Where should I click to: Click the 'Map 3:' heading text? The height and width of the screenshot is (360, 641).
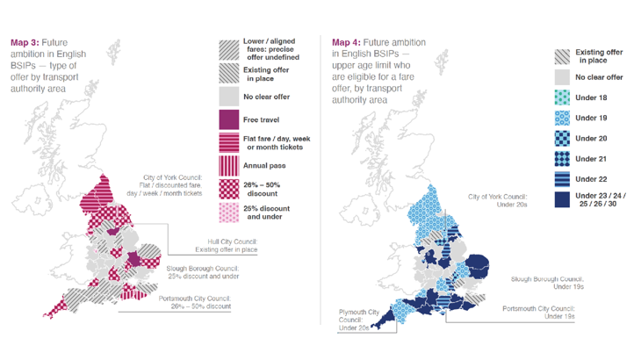[x=26, y=41]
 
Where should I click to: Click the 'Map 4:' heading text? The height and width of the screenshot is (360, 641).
[x=348, y=42]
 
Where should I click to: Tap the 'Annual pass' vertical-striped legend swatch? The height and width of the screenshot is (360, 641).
[x=228, y=165]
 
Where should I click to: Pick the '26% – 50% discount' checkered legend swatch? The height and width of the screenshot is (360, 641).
[x=228, y=189]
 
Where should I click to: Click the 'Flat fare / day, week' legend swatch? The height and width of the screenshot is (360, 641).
[x=228, y=141]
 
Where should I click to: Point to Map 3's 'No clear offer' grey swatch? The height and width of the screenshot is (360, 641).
[x=228, y=96]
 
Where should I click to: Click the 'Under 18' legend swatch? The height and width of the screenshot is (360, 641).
[x=562, y=98]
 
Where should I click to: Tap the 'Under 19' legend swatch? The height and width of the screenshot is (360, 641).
[x=562, y=118]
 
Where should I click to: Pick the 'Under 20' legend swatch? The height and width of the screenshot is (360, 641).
[x=562, y=138]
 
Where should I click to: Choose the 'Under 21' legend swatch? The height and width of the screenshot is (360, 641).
[x=562, y=158]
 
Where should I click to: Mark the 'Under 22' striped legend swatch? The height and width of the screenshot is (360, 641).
[x=562, y=178]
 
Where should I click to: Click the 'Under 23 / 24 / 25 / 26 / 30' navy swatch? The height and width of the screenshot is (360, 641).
[x=562, y=199]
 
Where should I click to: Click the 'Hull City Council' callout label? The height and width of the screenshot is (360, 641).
[x=226, y=246]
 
